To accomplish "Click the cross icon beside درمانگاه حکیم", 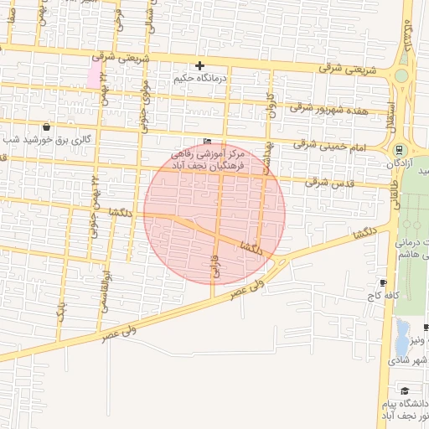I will click(x=199, y=65).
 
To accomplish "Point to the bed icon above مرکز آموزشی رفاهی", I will click(x=208, y=142).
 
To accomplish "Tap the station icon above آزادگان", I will click(x=400, y=150).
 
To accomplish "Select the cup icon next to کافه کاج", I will click(x=384, y=282).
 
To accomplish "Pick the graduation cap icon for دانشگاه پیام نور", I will click(x=405, y=391).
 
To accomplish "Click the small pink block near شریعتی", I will click(x=92, y=75).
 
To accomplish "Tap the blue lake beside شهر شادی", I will click(x=402, y=336).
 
